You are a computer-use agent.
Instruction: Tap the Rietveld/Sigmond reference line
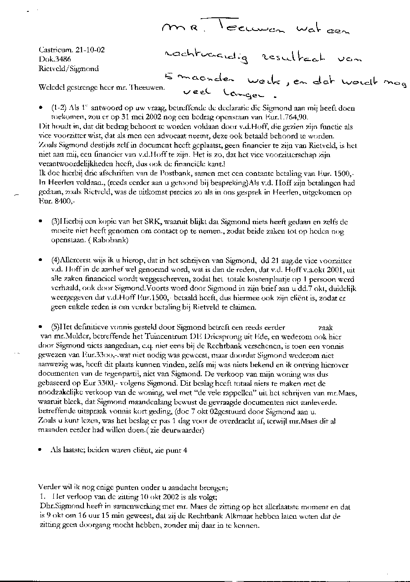pyautogui.click(x=69, y=69)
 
